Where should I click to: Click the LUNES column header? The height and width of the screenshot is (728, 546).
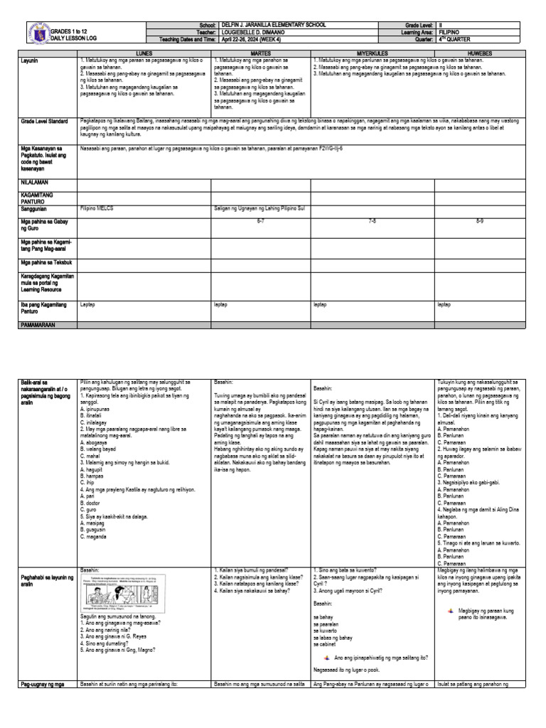[x=144, y=53]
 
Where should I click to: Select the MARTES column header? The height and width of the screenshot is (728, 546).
[x=261, y=53]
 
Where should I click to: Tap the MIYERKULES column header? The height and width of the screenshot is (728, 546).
[x=373, y=53]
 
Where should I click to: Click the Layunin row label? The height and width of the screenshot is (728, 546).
[x=33, y=61]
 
